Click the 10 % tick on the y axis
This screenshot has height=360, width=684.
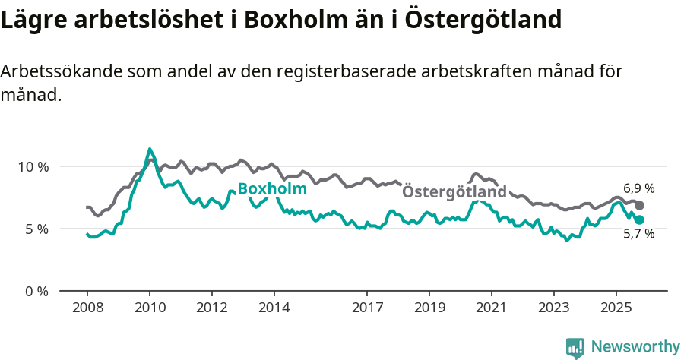(x=32, y=166)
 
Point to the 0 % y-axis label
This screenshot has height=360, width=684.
(x=35, y=291)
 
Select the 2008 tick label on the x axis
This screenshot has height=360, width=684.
(x=87, y=308)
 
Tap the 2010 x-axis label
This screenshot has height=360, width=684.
(x=149, y=308)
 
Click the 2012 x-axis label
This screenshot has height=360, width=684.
(x=211, y=308)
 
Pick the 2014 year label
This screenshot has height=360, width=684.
(x=274, y=308)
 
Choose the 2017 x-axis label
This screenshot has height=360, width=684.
(x=367, y=308)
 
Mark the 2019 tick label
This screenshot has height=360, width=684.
(x=429, y=308)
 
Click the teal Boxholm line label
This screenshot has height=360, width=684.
(x=272, y=189)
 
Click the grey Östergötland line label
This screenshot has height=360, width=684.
(x=454, y=192)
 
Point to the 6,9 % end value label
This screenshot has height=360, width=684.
(x=638, y=188)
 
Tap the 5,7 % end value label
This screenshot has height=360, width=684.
(x=638, y=234)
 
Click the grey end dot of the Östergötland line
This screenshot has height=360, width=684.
(x=640, y=205)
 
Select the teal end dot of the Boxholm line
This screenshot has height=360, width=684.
(x=640, y=219)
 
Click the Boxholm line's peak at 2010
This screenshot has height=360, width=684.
(x=150, y=149)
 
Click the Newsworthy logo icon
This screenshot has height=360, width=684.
(x=575, y=347)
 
